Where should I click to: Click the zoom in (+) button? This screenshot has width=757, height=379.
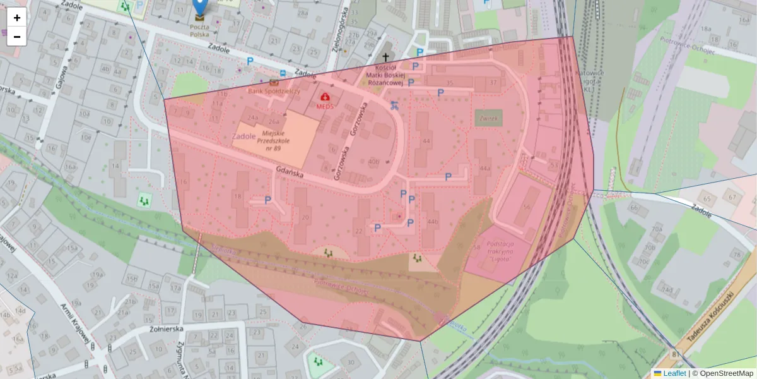tap(17, 18)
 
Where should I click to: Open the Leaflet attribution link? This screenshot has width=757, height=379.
tap(674, 373)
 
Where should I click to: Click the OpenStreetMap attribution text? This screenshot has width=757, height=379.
tap(726, 373)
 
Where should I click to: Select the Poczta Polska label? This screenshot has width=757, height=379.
tap(199, 30)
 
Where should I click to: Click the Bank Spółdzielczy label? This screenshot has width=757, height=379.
tap(274, 91)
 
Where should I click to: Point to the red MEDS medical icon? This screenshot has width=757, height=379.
tap(326, 97)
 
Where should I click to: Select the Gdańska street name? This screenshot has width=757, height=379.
tap(290, 173)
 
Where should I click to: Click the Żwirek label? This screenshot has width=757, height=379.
tap(488, 118)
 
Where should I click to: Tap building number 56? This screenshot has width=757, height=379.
tap(527, 207)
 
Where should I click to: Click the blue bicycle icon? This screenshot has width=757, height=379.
tap(394, 105)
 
